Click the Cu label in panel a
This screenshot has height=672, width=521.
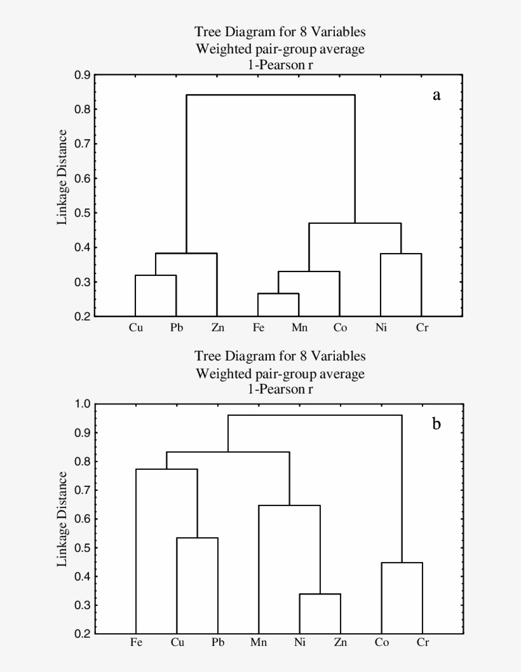135,328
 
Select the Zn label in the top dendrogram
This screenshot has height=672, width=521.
217,328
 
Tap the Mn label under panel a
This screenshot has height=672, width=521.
299,328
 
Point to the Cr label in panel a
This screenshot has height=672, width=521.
421,328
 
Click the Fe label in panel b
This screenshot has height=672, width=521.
136,643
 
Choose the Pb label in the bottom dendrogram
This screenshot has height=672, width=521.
218,643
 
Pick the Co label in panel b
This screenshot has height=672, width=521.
381,643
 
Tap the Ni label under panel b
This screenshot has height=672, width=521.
299,643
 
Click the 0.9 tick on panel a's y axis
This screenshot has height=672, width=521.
81,75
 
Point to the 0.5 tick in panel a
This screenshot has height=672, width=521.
81,213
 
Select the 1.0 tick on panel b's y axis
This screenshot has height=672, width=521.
81,404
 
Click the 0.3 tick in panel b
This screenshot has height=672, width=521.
81,605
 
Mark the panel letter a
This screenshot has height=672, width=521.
436,95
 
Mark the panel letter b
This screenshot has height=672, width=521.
436,423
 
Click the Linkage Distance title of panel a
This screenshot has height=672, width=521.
62,177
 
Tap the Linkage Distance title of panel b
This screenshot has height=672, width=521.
62,519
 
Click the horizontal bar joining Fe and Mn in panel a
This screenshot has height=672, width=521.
278,294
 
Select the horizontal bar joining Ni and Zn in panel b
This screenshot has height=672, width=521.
320,594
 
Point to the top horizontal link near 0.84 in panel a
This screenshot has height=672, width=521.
270,95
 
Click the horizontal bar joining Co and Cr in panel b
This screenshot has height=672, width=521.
402,563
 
